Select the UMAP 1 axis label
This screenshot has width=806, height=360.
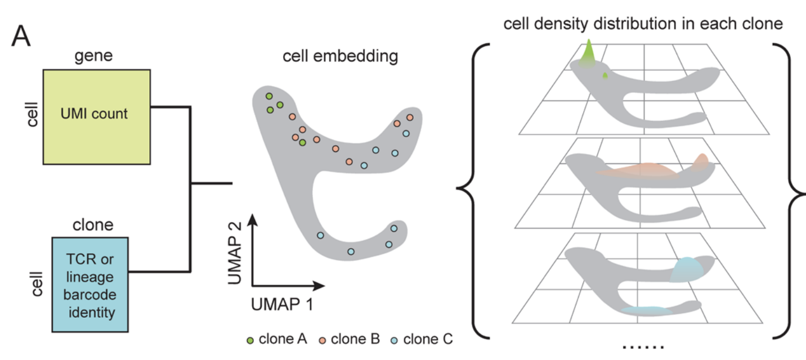click(279, 305)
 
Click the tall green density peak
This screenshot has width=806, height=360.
click(588, 52)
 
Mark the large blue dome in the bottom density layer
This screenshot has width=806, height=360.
click(688, 269)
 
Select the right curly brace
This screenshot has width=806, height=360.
click(794, 188)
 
